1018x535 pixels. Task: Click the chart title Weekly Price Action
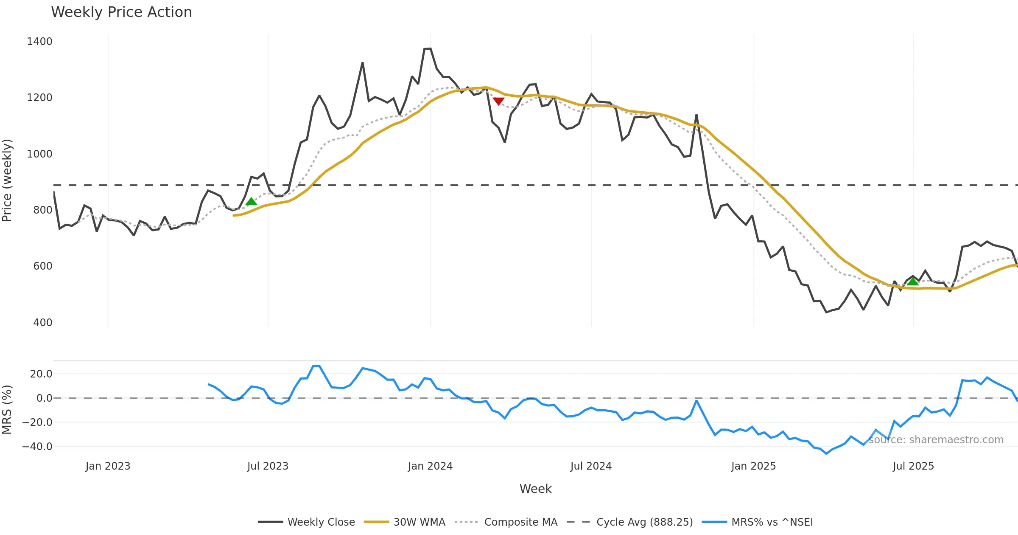pos(121,12)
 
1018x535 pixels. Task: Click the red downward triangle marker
pos(498,101)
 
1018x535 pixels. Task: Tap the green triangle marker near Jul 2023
pos(251,202)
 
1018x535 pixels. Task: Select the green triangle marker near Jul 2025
pos(913,281)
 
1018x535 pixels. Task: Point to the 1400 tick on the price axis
pos(39,42)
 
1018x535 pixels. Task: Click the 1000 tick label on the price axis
pos(39,154)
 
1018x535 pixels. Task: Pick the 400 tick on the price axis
pos(42,322)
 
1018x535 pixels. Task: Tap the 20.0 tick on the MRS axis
pos(41,374)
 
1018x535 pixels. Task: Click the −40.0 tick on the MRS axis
pos(37,447)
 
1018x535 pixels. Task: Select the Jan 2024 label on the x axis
pos(430,466)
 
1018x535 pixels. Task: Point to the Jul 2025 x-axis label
pos(913,466)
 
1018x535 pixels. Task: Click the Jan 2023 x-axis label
pos(108,466)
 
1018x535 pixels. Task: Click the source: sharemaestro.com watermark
pos(936,440)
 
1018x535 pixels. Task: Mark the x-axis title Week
pos(535,489)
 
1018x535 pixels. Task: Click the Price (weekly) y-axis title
pos(7,180)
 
